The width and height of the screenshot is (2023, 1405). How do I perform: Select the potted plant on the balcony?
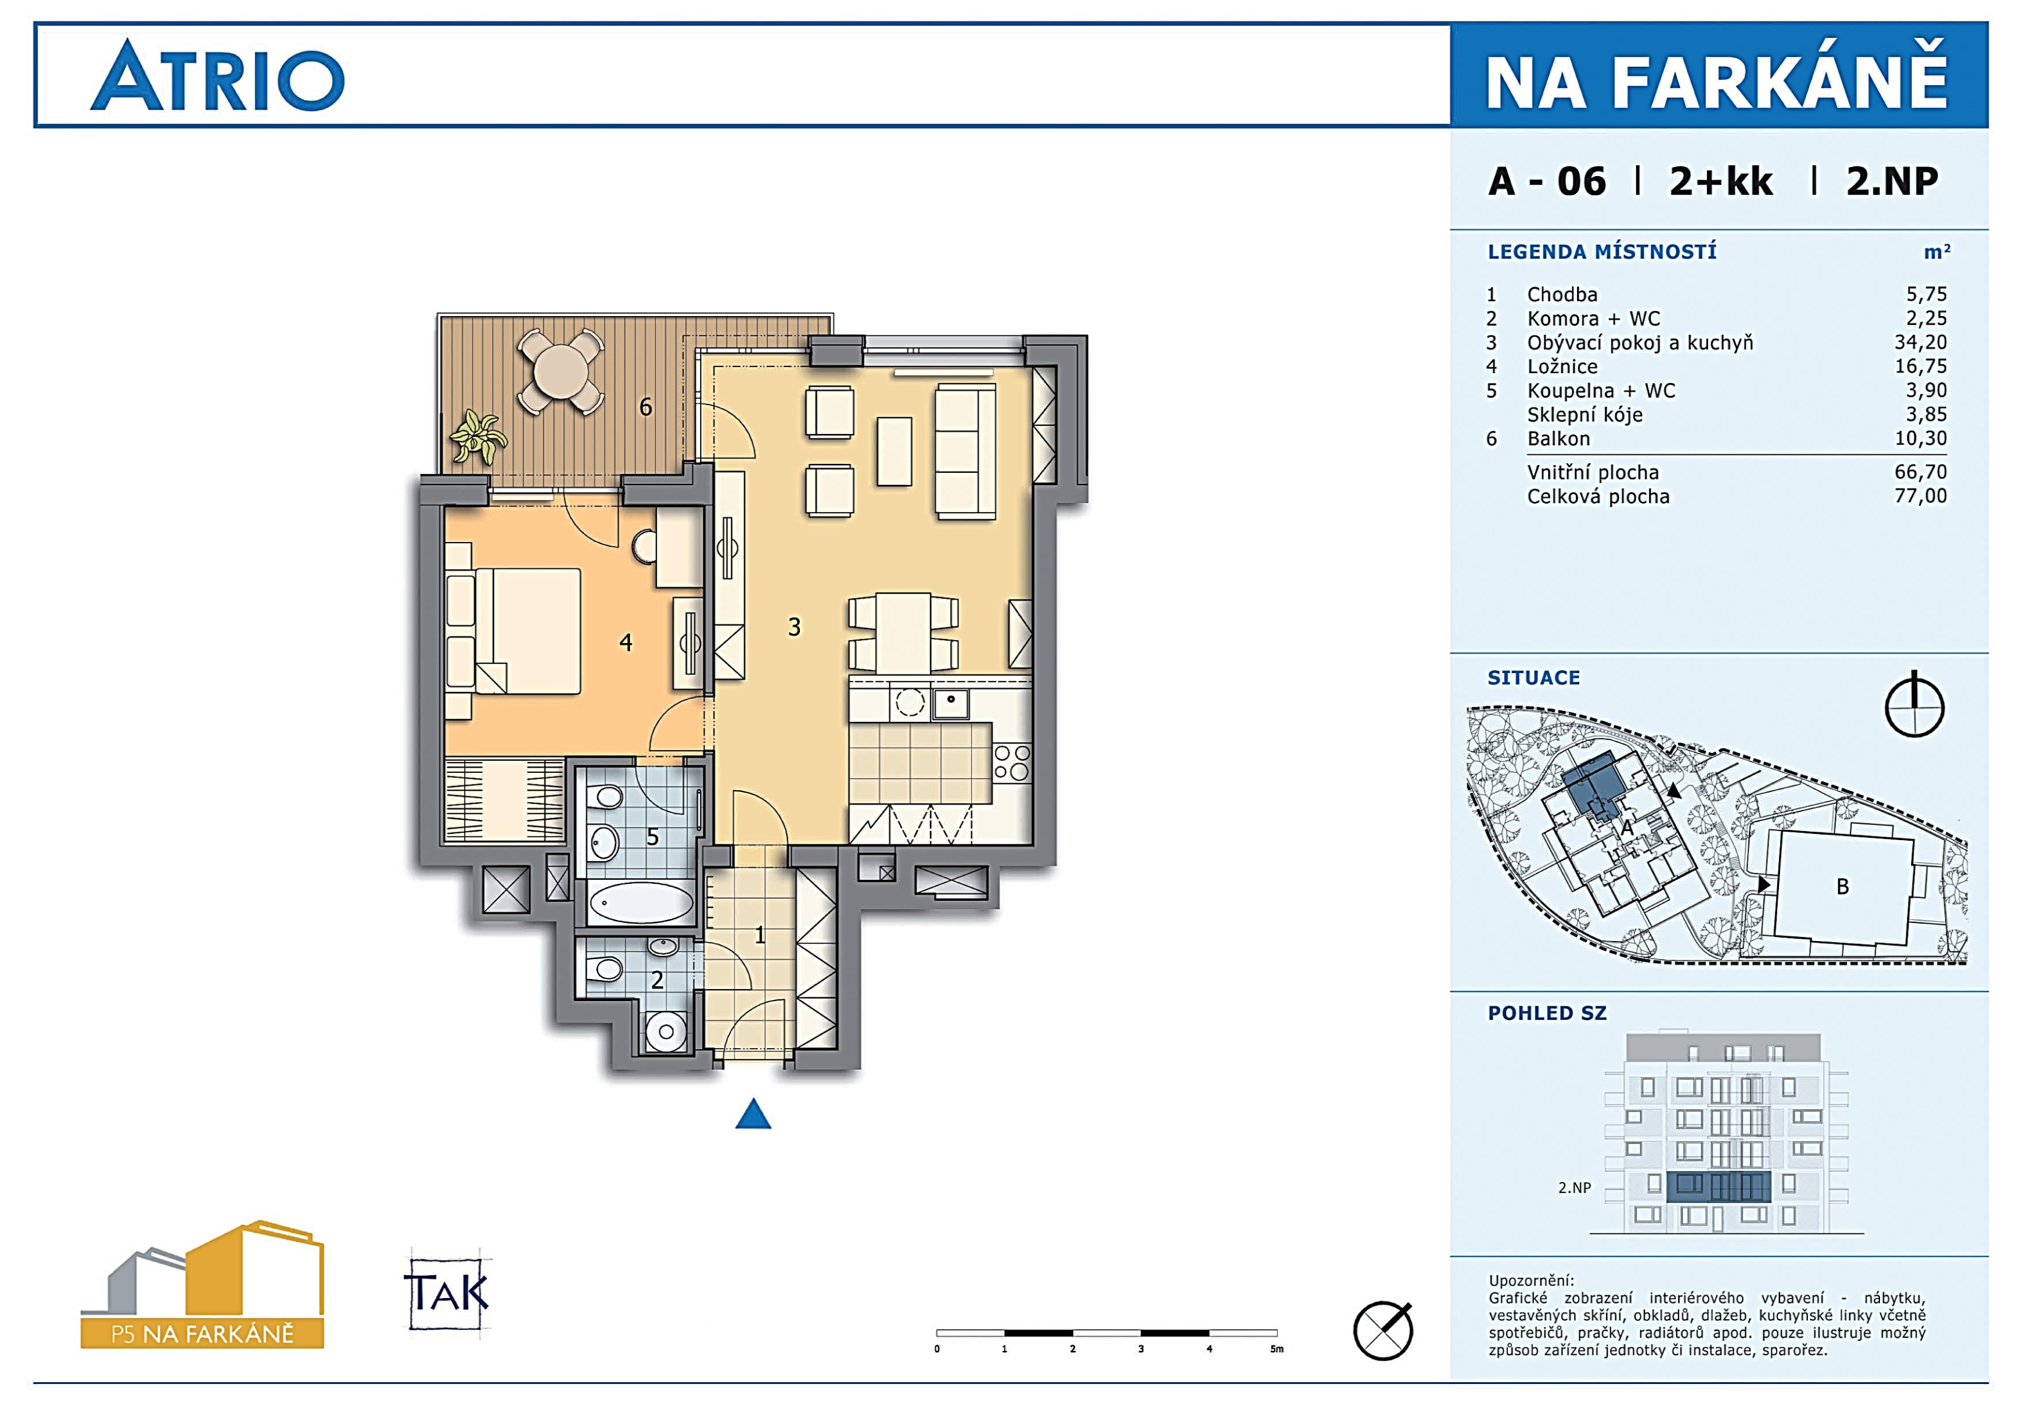(x=478, y=436)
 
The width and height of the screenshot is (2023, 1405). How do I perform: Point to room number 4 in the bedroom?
(x=626, y=642)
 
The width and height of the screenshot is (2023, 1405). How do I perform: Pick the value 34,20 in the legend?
(x=1920, y=343)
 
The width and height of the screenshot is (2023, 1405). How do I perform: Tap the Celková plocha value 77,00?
(x=1920, y=496)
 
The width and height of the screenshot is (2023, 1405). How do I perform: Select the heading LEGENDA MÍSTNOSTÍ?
(x=1601, y=252)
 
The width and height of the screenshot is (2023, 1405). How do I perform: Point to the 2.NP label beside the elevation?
(x=1574, y=1187)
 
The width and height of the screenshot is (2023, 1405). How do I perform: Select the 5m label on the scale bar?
(x=1277, y=1349)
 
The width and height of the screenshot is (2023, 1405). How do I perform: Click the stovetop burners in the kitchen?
(x=1011, y=763)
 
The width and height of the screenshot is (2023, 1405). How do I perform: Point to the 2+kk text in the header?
(x=1721, y=181)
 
